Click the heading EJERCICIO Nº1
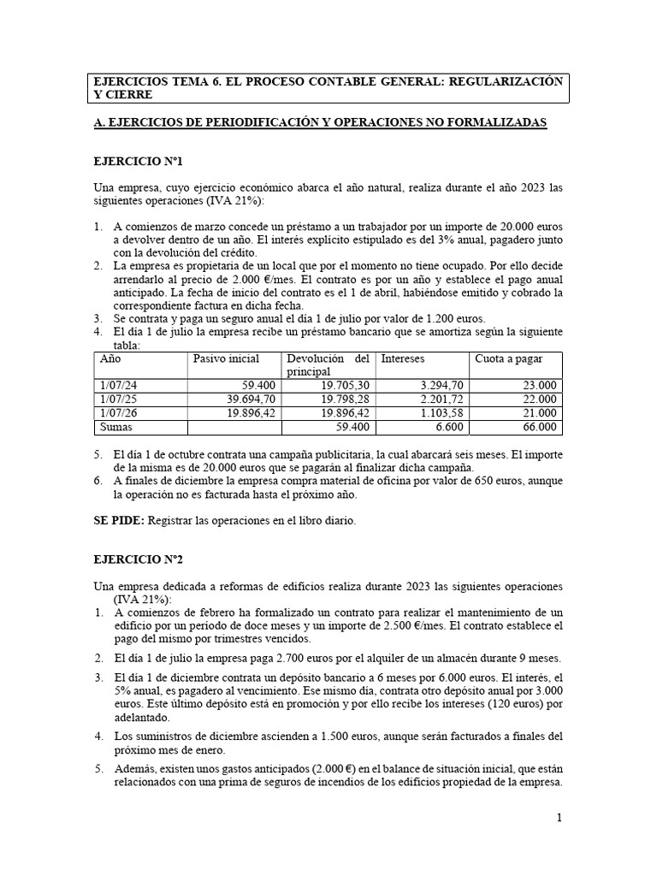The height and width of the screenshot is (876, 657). coord(138,161)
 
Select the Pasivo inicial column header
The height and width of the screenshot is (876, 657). coord(227,358)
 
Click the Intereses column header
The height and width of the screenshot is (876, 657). coord(402,358)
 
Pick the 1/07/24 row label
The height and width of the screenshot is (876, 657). coord(119,385)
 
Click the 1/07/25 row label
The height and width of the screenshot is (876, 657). coord(119,399)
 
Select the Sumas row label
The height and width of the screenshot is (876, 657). coord(118,426)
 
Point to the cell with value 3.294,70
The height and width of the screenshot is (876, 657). coord(440,385)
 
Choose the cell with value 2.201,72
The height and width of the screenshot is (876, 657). coord(440,399)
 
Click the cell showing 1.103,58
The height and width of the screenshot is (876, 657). coord(440,412)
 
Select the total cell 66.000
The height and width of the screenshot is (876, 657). coord(540,426)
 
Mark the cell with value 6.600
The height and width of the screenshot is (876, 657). coord(448,426)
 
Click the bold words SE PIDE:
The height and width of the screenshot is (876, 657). coord(119,520)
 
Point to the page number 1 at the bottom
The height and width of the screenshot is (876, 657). coord(559,818)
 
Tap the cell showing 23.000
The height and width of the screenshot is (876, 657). coord(540,385)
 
